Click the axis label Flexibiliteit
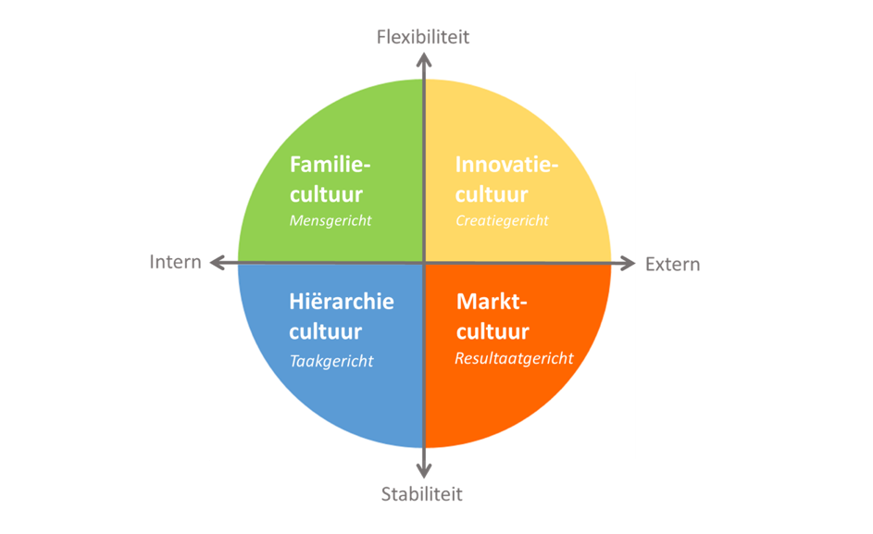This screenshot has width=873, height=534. coord(423,37)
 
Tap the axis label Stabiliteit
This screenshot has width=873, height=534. coord(421,494)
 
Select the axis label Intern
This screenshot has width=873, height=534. coord(175,262)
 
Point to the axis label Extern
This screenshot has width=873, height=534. coord(672,264)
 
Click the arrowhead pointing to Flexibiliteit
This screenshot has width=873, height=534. coord(424,59)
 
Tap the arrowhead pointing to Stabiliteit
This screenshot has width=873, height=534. coord(424,470)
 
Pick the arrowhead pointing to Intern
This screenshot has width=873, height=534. coord(218,262)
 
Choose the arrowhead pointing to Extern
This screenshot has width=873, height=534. coord(628,263)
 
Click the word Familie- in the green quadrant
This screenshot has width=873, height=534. coord(330,165)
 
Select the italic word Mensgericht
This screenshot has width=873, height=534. coord(330,221)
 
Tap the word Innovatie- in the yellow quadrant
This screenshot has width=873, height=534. coord(506,165)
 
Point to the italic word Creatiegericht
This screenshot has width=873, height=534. coord(502,221)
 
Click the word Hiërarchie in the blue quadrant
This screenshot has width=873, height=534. coord(342,302)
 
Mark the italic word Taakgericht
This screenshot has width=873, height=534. coord(331,361)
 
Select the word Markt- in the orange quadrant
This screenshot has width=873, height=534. coord(492,302)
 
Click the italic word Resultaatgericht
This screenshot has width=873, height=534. coord(514,358)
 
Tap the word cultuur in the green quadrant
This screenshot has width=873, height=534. coord(326,195)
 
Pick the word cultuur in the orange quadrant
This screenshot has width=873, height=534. coord(493,332)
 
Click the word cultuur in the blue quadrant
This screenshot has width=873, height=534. coord(326,332)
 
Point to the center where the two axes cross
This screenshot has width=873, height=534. coord(424,263)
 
